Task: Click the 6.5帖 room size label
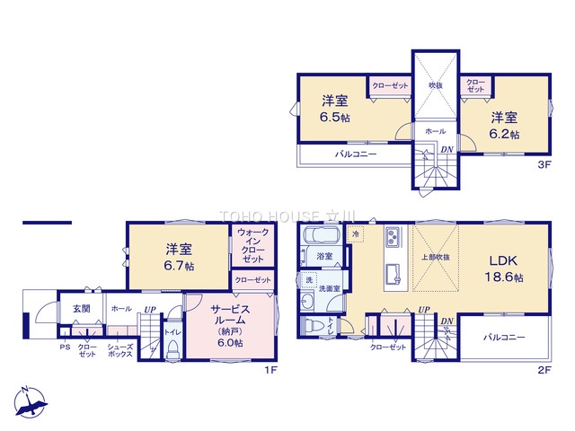(331, 118)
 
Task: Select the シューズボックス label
(119, 350)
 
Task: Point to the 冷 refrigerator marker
(357, 234)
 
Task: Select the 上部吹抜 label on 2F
(435, 257)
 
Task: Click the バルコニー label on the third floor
(355, 154)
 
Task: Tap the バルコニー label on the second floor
(503, 339)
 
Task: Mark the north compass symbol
(30, 400)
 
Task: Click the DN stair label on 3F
(446, 148)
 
